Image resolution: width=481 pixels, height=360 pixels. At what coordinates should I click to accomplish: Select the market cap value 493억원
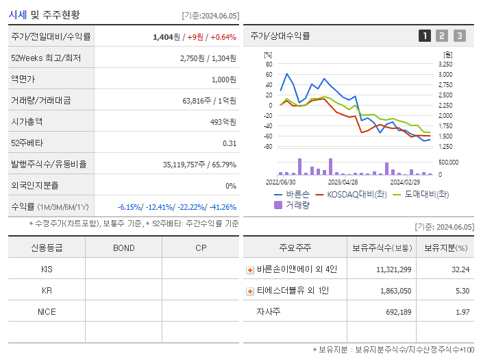coord(223,122)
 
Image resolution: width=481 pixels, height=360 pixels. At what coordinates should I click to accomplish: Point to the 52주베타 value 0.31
coord(230,143)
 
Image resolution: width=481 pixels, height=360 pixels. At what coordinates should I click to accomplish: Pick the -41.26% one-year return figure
coord(222,207)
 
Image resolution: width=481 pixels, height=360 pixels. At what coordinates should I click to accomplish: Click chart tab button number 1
coord(425,36)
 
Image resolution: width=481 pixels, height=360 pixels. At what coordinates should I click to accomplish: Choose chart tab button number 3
coord(459,36)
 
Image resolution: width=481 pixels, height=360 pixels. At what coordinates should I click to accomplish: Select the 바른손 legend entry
coord(292,195)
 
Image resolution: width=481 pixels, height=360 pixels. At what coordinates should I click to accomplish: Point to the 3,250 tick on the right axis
coord(445,64)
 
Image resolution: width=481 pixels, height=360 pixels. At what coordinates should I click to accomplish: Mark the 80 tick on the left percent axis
coord(269,64)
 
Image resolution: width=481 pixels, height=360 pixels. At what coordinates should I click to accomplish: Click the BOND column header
coord(123,248)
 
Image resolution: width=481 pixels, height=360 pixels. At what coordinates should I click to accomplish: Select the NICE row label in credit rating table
coord(47,312)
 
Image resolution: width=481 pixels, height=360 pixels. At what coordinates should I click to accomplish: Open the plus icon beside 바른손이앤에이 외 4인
coord(250,269)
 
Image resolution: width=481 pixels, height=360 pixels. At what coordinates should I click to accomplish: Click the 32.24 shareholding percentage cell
coord(460,269)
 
